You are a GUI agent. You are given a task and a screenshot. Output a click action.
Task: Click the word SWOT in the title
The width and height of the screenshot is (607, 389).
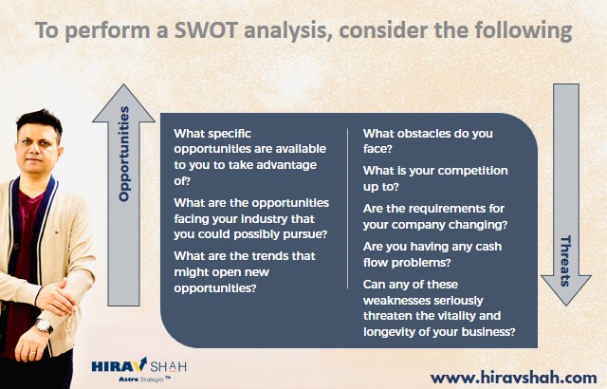[206, 29]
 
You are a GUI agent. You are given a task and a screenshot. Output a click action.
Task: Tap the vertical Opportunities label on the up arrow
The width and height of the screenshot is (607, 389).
[124, 154]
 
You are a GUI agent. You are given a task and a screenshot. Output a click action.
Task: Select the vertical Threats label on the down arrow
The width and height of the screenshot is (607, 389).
[565, 261]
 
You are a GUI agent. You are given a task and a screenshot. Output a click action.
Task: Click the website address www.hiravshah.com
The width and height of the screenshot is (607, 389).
[513, 378]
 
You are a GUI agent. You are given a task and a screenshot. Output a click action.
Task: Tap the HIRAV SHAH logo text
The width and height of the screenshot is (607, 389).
[139, 366]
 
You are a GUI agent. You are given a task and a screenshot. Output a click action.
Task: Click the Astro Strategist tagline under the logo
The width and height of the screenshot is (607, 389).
[144, 380]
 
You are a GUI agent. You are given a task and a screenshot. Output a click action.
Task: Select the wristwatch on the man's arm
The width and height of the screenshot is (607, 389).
[44, 326]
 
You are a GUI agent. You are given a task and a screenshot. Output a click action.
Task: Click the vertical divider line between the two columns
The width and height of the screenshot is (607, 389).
[348, 209]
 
